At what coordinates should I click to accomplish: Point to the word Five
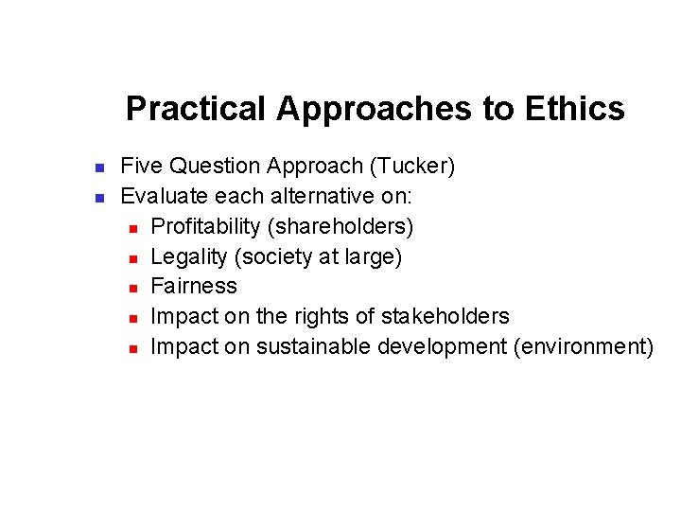coord(141,167)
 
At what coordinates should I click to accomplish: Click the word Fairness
coord(194,286)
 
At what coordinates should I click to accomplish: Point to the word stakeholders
coord(445,316)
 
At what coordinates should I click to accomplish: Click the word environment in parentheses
coord(583,346)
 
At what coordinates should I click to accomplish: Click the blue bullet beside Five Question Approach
coord(98,168)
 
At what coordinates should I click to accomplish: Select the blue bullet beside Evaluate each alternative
coord(98,199)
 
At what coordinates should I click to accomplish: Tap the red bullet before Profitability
coord(133,228)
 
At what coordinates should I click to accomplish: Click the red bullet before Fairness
coord(133,288)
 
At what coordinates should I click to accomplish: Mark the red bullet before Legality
coord(133,257)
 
